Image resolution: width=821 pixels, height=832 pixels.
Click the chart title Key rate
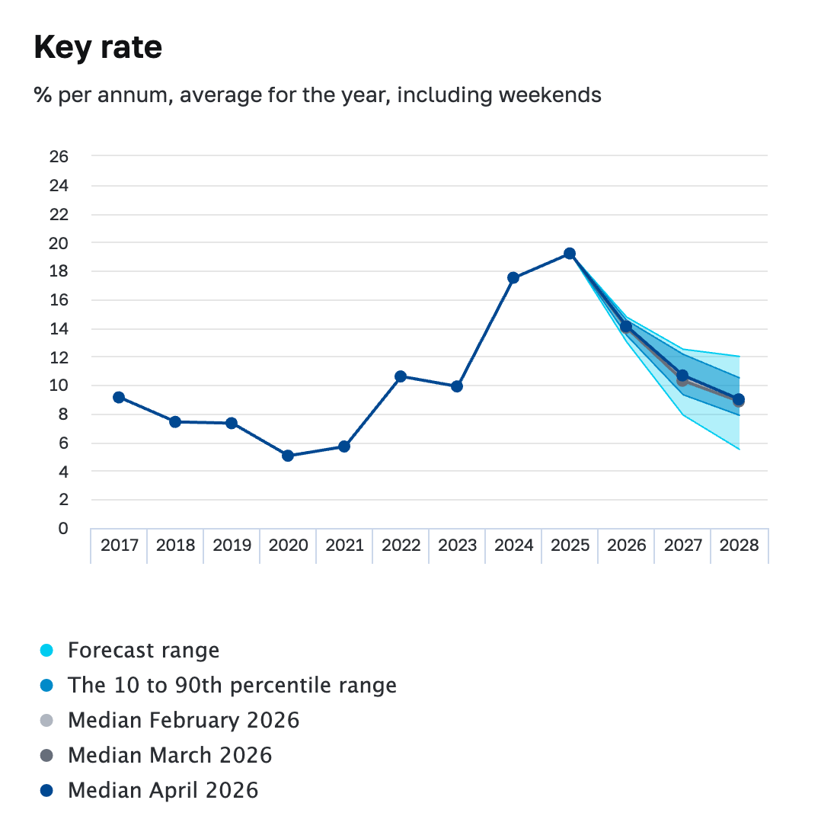(x=98, y=48)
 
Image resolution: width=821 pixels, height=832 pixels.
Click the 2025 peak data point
(x=570, y=254)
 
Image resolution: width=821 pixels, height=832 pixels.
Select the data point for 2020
(x=288, y=456)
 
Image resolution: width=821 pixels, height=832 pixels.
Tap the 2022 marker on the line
(x=401, y=376)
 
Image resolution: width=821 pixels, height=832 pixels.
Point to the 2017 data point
(x=119, y=398)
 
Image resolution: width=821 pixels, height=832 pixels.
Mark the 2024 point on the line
(x=513, y=277)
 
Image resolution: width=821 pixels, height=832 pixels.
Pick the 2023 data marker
(x=457, y=386)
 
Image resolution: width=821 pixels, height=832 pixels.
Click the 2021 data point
(x=344, y=446)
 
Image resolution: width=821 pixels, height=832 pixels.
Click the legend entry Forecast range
(x=144, y=650)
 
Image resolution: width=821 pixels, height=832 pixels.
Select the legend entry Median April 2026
(x=163, y=790)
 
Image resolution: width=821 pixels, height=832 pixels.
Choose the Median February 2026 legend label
(x=184, y=720)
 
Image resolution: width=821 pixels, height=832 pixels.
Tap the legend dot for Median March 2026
(x=46, y=755)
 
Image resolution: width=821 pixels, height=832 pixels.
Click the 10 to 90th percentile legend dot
(x=46, y=685)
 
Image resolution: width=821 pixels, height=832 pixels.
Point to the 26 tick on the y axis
(x=59, y=156)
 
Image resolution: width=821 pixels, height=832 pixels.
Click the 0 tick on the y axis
(x=63, y=528)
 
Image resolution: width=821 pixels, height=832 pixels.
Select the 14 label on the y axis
(x=59, y=329)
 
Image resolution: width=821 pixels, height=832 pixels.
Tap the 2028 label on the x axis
(x=740, y=545)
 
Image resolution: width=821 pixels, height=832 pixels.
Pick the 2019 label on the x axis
(x=232, y=545)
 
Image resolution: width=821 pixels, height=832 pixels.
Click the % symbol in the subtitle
(x=43, y=95)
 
